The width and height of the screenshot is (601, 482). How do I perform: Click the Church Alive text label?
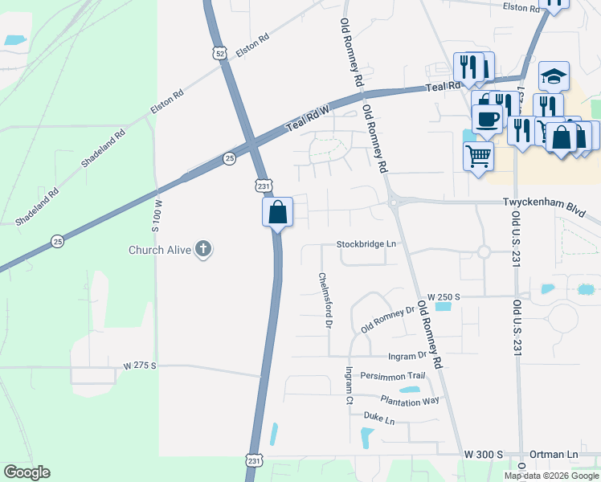tap(160, 250)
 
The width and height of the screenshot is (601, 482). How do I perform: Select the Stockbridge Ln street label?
tap(366, 243)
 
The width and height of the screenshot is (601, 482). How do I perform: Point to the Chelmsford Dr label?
tap(325, 300)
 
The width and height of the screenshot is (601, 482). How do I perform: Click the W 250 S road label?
tap(444, 296)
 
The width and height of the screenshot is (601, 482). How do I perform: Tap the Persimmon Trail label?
tap(392, 375)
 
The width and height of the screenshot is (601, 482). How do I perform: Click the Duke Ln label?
tap(379, 419)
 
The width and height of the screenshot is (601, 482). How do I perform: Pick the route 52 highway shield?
tap(220, 53)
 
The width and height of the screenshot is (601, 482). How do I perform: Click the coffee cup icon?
tap(486, 119)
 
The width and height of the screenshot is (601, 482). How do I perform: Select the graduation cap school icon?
tap(554, 76)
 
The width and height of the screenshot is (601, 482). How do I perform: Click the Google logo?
tap(27, 472)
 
